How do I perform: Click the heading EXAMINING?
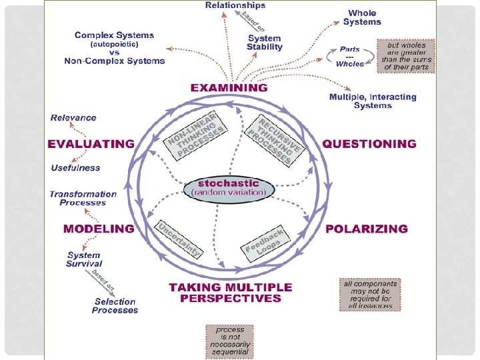coord(229,87)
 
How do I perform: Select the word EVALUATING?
coord(91,143)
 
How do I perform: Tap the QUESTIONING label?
coord(369,143)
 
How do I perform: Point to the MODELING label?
coord(99,229)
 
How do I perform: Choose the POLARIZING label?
coord(366,229)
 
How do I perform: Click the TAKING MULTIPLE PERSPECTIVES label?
coord(230,293)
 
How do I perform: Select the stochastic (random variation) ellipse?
coord(229,188)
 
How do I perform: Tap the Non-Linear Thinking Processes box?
coord(196,135)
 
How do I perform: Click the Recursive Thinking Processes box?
coord(271,139)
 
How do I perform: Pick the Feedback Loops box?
coord(265,242)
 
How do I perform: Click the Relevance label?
coord(73,118)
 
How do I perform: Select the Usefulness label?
coord(75,168)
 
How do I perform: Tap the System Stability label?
coord(265,43)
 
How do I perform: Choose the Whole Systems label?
coord(362,18)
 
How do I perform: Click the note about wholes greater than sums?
coord(406,55)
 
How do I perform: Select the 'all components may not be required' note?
coord(370,294)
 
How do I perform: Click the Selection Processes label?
coord(115,306)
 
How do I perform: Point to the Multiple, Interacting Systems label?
coord(373,101)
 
